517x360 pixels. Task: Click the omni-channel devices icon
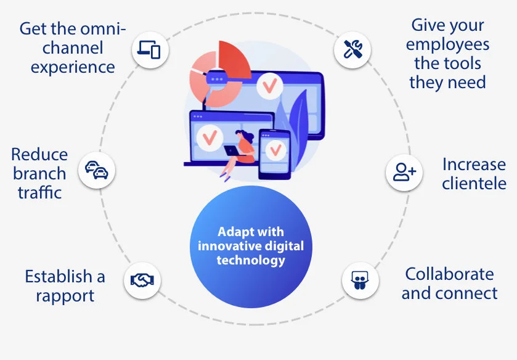tap(150, 50)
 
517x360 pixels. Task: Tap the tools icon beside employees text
tap(352, 50)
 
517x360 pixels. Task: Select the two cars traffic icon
tap(97, 170)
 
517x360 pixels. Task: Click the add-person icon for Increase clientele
tap(404, 172)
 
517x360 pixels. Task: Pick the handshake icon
tap(142, 280)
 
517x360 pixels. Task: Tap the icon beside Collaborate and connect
tap(360, 280)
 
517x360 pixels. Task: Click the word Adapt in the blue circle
tap(232, 232)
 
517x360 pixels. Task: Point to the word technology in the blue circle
tap(251, 260)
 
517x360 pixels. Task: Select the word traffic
tap(39, 192)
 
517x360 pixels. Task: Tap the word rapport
tap(65, 296)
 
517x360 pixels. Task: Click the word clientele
tap(474, 183)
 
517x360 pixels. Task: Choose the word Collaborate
tap(449, 274)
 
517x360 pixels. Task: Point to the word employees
tap(447, 45)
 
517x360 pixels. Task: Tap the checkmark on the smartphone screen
tap(275, 150)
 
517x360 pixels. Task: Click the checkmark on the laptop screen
tap(210, 137)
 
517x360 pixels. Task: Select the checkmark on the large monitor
tap(270, 86)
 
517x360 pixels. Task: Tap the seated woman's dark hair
tap(246, 135)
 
